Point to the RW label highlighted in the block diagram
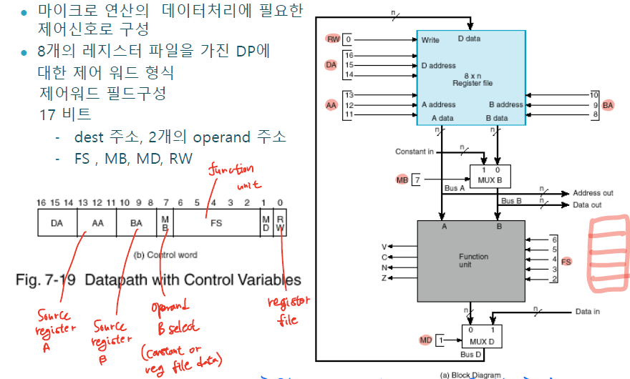pyautogui.click(x=333, y=39)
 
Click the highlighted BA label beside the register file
pyautogui.click(x=609, y=105)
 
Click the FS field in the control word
pyautogui.click(x=215, y=223)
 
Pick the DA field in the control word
pyautogui.click(x=57, y=223)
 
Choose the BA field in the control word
pyautogui.click(x=135, y=223)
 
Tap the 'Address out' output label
pyautogui.click(x=593, y=194)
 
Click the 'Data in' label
pyautogui.click(x=588, y=312)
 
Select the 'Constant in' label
pyautogui.click(x=415, y=152)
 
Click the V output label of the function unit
pyautogui.click(x=384, y=247)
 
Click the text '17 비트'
pyautogui.click(x=66, y=114)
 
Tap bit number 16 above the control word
pyautogui.click(x=41, y=204)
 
